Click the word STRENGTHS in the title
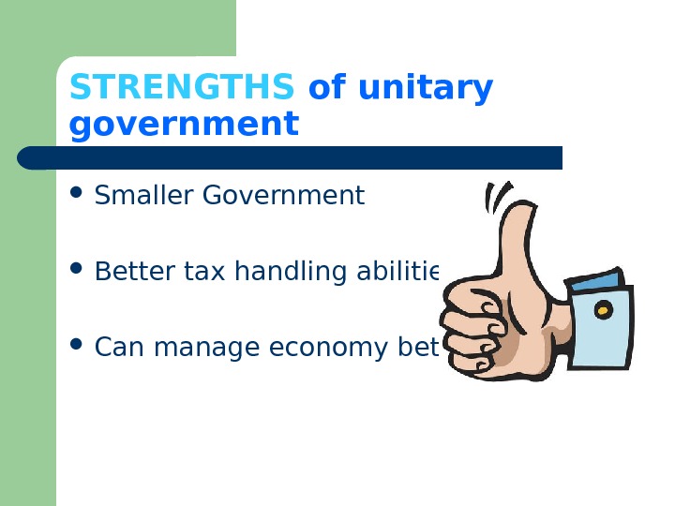click(x=182, y=88)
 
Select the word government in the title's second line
click(x=184, y=124)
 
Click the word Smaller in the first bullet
click(x=145, y=196)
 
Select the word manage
click(x=207, y=349)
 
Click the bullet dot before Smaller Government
click(x=77, y=195)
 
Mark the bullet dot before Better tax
click(x=77, y=271)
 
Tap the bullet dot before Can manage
click(x=77, y=347)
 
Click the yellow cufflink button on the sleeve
click(x=604, y=310)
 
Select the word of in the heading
click(x=326, y=88)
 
